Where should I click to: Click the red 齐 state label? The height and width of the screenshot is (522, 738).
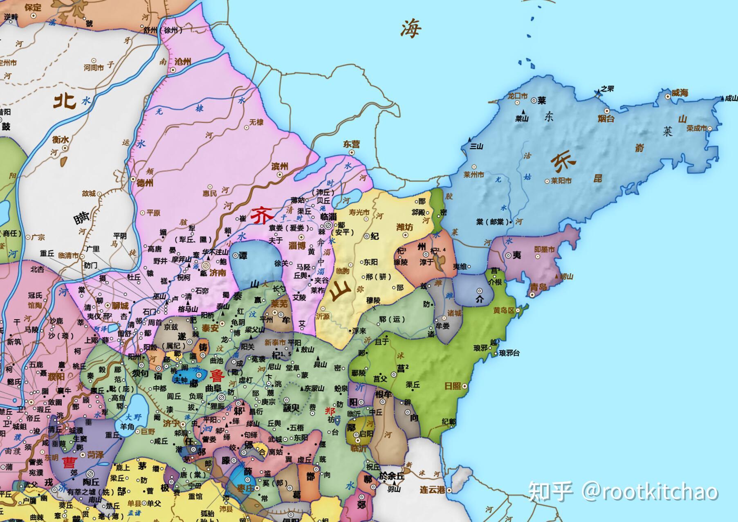[x=262, y=215]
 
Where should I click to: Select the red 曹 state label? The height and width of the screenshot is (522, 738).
[x=70, y=463]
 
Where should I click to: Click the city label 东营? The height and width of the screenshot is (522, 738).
[x=351, y=144]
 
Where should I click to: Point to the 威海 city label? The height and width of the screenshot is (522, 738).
[x=680, y=93]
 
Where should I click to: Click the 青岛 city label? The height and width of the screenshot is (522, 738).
[x=538, y=286]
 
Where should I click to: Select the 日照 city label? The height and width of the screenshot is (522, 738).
[x=453, y=386]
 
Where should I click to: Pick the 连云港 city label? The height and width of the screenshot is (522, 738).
[x=432, y=490]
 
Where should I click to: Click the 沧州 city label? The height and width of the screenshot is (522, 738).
[x=183, y=62]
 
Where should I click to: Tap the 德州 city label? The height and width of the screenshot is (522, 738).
[x=144, y=183]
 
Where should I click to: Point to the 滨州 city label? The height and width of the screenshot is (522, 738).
[x=280, y=166]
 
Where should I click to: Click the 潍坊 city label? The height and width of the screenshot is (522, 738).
[x=405, y=227]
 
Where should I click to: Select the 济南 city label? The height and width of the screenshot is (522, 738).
[x=218, y=272]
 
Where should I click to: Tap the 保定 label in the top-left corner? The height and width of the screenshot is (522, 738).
[x=33, y=7]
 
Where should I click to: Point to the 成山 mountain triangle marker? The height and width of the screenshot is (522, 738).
[x=722, y=99]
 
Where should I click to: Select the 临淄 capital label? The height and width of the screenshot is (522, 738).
[x=328, y=216]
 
